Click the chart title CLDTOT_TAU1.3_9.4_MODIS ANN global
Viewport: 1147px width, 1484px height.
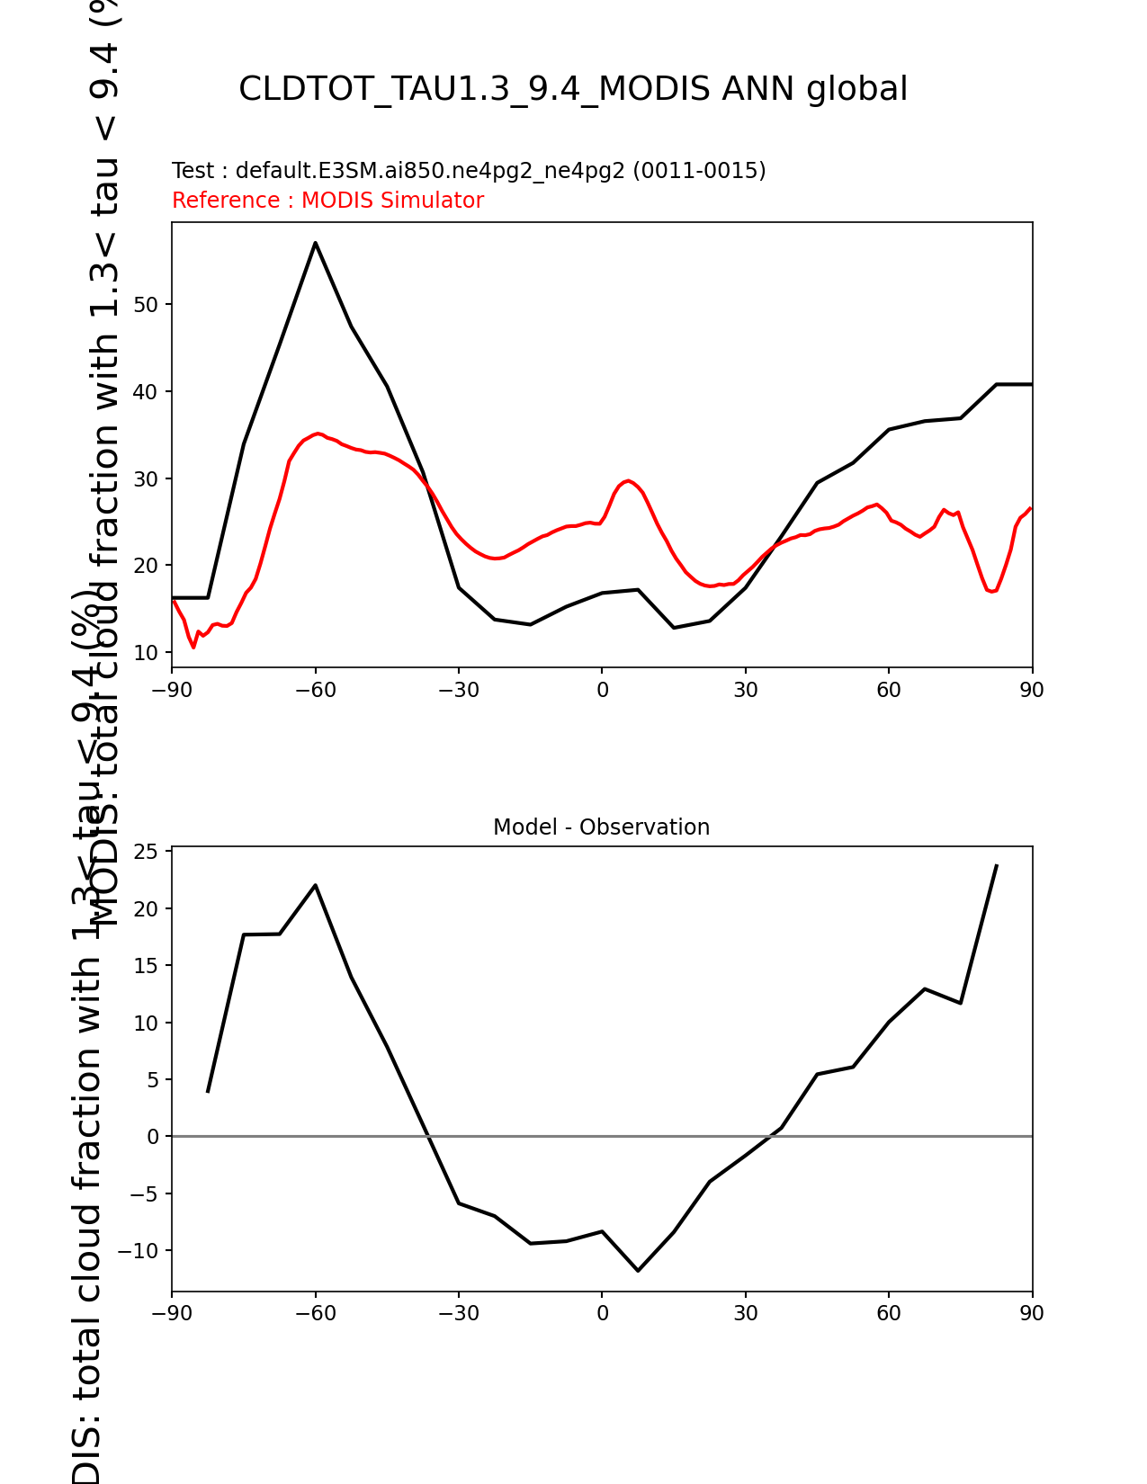click(x=573, y=89)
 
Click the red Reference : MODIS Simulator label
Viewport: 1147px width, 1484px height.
click(x=327, y=201)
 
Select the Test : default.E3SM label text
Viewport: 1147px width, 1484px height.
click(x=469, y=171)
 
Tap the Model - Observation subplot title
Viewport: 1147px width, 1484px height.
click(x=601, y=827)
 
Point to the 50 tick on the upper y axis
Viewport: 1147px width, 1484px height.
click(x=147, y=305)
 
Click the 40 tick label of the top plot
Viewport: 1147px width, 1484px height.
click(x=147, y=392)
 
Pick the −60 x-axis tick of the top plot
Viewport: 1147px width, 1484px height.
click(x=315, y=690)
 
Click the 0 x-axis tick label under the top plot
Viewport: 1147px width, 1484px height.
click(x=602, y=690)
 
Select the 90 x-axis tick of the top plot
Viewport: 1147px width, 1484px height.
click(x=1032, y=690)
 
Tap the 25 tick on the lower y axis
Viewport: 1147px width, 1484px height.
click(x=147, y=852)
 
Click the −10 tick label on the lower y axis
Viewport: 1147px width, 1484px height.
click(x=140, y=1251)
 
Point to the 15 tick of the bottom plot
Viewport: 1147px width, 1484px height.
click(x=147, y=966)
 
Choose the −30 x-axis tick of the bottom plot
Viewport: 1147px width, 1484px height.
click(x=458, y=1313)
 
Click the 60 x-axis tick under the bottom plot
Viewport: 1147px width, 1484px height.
click(x=889, y=1313)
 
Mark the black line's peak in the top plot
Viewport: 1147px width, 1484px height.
click(x=315, y=242)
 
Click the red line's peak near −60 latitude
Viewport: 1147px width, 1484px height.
click(x=318, y=434)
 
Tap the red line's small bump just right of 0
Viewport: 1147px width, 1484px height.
click(x=628, y=480)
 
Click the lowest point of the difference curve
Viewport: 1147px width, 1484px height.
click(x=638, y=1271)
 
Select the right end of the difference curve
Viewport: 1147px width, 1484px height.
click(x=997, y=865)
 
